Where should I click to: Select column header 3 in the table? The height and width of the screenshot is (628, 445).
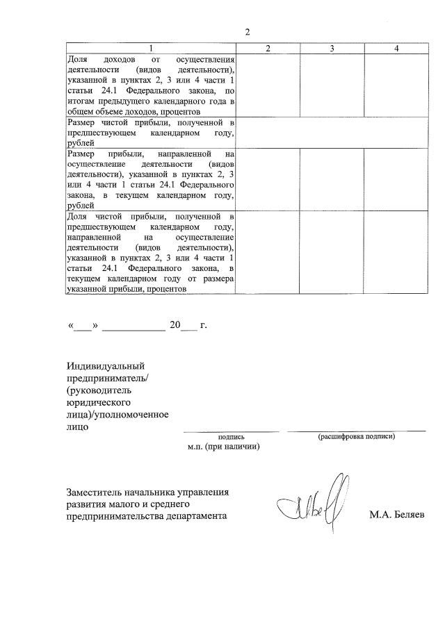(x=332, y=48)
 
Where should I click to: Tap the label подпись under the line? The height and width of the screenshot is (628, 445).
(x=232, y=437)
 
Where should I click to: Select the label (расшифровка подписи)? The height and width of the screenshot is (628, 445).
(x=356, y=437)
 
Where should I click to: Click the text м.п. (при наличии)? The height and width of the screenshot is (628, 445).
(x=223, y=447)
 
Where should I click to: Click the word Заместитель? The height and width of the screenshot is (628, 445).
(x=97, y=492)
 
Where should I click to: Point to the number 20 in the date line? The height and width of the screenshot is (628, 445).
(x=175, y=324)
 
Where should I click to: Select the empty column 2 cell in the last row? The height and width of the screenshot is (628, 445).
(x=268, y=253)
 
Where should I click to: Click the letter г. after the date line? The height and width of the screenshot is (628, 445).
(x=203, y=324)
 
